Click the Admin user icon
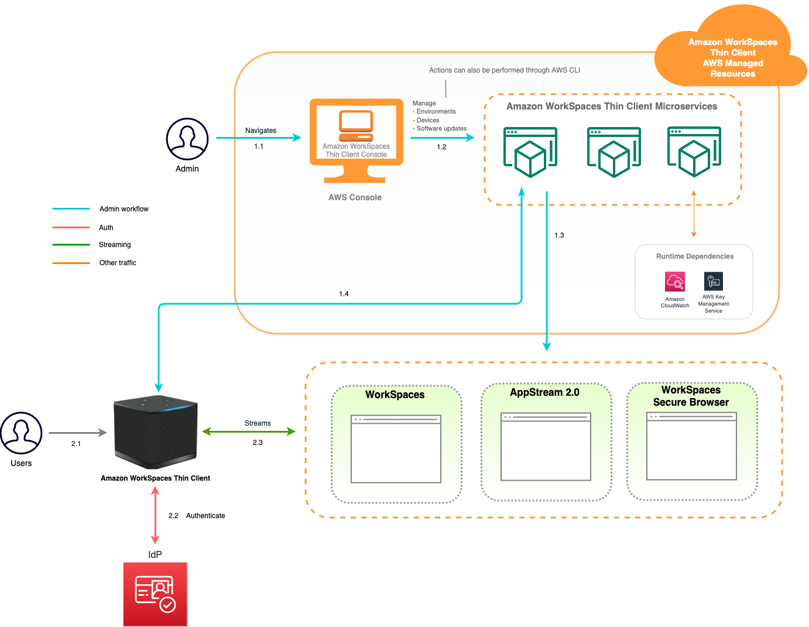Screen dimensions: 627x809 [x=187, y=139]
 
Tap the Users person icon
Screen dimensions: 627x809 [x=21, y=433]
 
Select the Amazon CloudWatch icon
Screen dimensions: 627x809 [x=675, y=282]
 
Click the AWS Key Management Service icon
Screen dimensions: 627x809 [x=713, y=282]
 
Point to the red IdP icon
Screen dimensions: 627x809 [x=155, y=594]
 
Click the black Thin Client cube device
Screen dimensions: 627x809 [x=156, y=433]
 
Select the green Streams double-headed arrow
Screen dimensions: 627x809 [x=249, y=432]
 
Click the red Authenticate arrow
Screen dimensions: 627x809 [x=155, y=516]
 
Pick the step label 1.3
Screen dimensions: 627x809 [x=559, y=235]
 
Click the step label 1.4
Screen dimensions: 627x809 [x=344, y=294]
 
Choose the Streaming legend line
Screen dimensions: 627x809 [x=71, y=245]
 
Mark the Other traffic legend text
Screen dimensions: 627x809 [x=118, y=263]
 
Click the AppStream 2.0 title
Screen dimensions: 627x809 [x=544, y=392]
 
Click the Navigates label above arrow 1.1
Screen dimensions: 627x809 [x=260, y=131]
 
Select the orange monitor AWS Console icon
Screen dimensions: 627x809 [x=356, y=141]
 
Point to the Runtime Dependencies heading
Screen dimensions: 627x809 [x=694, y=256]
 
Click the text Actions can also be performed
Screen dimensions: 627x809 [x=504, y=70]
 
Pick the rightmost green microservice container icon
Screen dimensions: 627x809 [x=694, y=152]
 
